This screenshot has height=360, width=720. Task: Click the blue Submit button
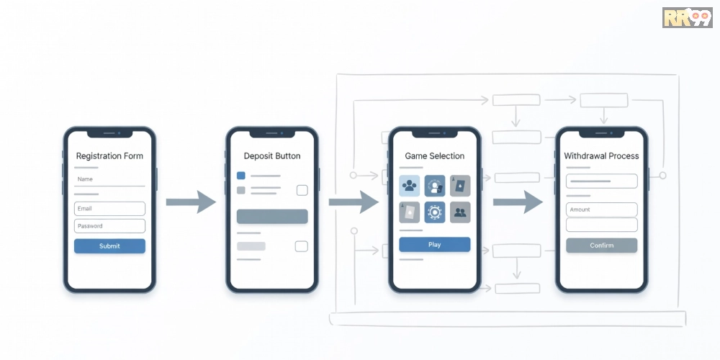(x=109, y=246)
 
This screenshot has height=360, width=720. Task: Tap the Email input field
(x=109, y=209)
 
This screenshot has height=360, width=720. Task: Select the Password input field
(x=109, y=226)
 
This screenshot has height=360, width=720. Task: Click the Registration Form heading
(x=109, y=156)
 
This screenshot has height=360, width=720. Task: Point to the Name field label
(x=86, y=179)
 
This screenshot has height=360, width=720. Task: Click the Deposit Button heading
(x=272, y=156)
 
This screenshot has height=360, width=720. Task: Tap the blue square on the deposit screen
(x=241, y=176)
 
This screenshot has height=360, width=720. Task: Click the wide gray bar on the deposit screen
(x=272, y=216)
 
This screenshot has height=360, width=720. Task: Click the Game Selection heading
(x=435, y=156)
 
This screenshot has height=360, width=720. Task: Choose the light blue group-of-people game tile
(x=409, y=186)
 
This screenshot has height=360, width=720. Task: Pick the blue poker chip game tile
(x=434, y=212)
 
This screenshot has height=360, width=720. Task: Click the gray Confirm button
(x=601, y=246)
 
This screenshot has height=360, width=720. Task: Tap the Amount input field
(x=601, y=210)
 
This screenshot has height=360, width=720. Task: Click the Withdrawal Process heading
(x=601, y=156)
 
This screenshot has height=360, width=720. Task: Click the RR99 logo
(x=688, y=17)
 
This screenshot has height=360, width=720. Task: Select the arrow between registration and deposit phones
(x=191, y=202)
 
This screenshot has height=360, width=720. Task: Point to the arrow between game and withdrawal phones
(x=518, y=202)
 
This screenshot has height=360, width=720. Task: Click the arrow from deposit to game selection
(x=354, y=202)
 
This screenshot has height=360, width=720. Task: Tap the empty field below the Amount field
(x=601, y=225)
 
